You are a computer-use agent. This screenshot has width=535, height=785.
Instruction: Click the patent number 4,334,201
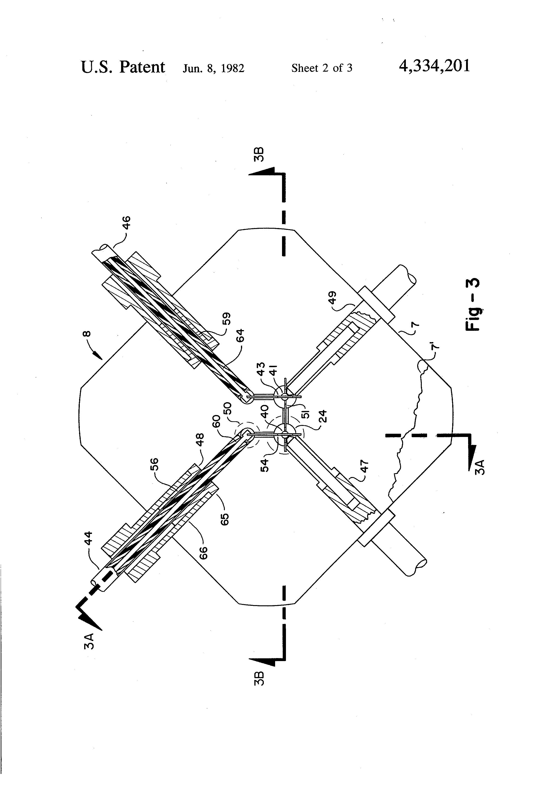pos(434,66)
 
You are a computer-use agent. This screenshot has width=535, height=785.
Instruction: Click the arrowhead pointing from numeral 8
pos(98,356)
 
